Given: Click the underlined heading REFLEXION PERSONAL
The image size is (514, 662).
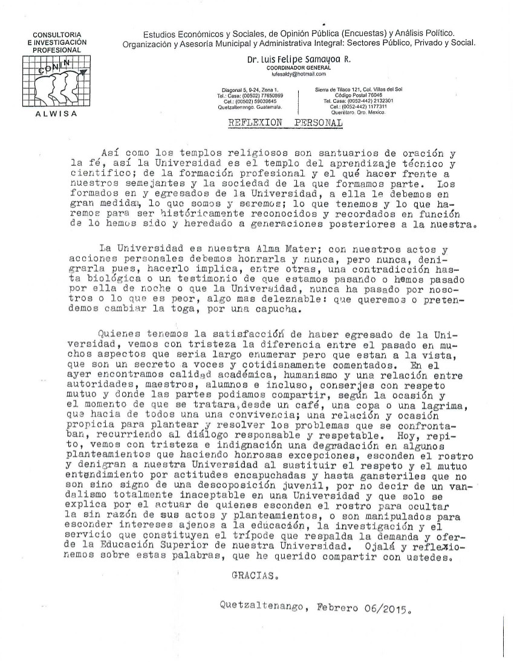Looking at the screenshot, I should click(x=285, y=122).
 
